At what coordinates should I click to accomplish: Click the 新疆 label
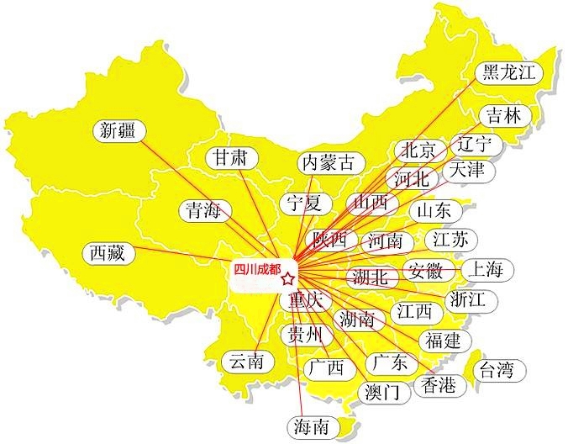click(x=117, y=130)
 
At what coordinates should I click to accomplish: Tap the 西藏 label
click(x=109, y=252)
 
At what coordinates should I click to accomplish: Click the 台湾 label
click(x=497, y=369)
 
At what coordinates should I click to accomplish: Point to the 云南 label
click(x=247, y=362)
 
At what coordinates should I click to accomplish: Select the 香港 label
click(x=437, y=386)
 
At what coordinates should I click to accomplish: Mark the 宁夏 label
click(x=303, y=203)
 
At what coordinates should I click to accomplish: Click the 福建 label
click(x=442, y=341)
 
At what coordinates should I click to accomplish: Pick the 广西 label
click(x=325, y=368)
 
